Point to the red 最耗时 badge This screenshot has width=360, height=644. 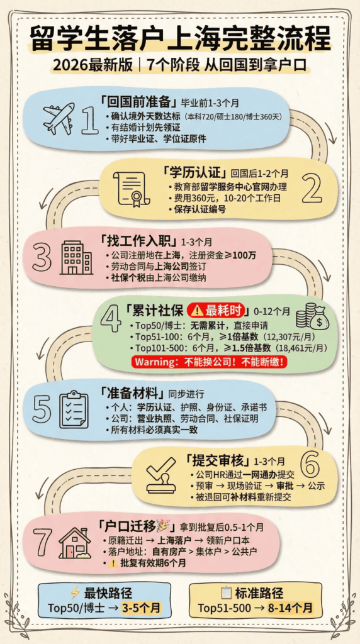[x=218, y=310]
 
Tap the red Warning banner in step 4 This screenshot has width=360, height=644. [x=210, y=362]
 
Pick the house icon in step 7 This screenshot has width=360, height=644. [x=75, y=543]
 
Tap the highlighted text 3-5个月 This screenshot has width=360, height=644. [x=141, y=608]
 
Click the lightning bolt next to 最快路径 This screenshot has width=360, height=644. [x=75, y=593]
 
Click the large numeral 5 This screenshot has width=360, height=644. [x=43, y=409]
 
